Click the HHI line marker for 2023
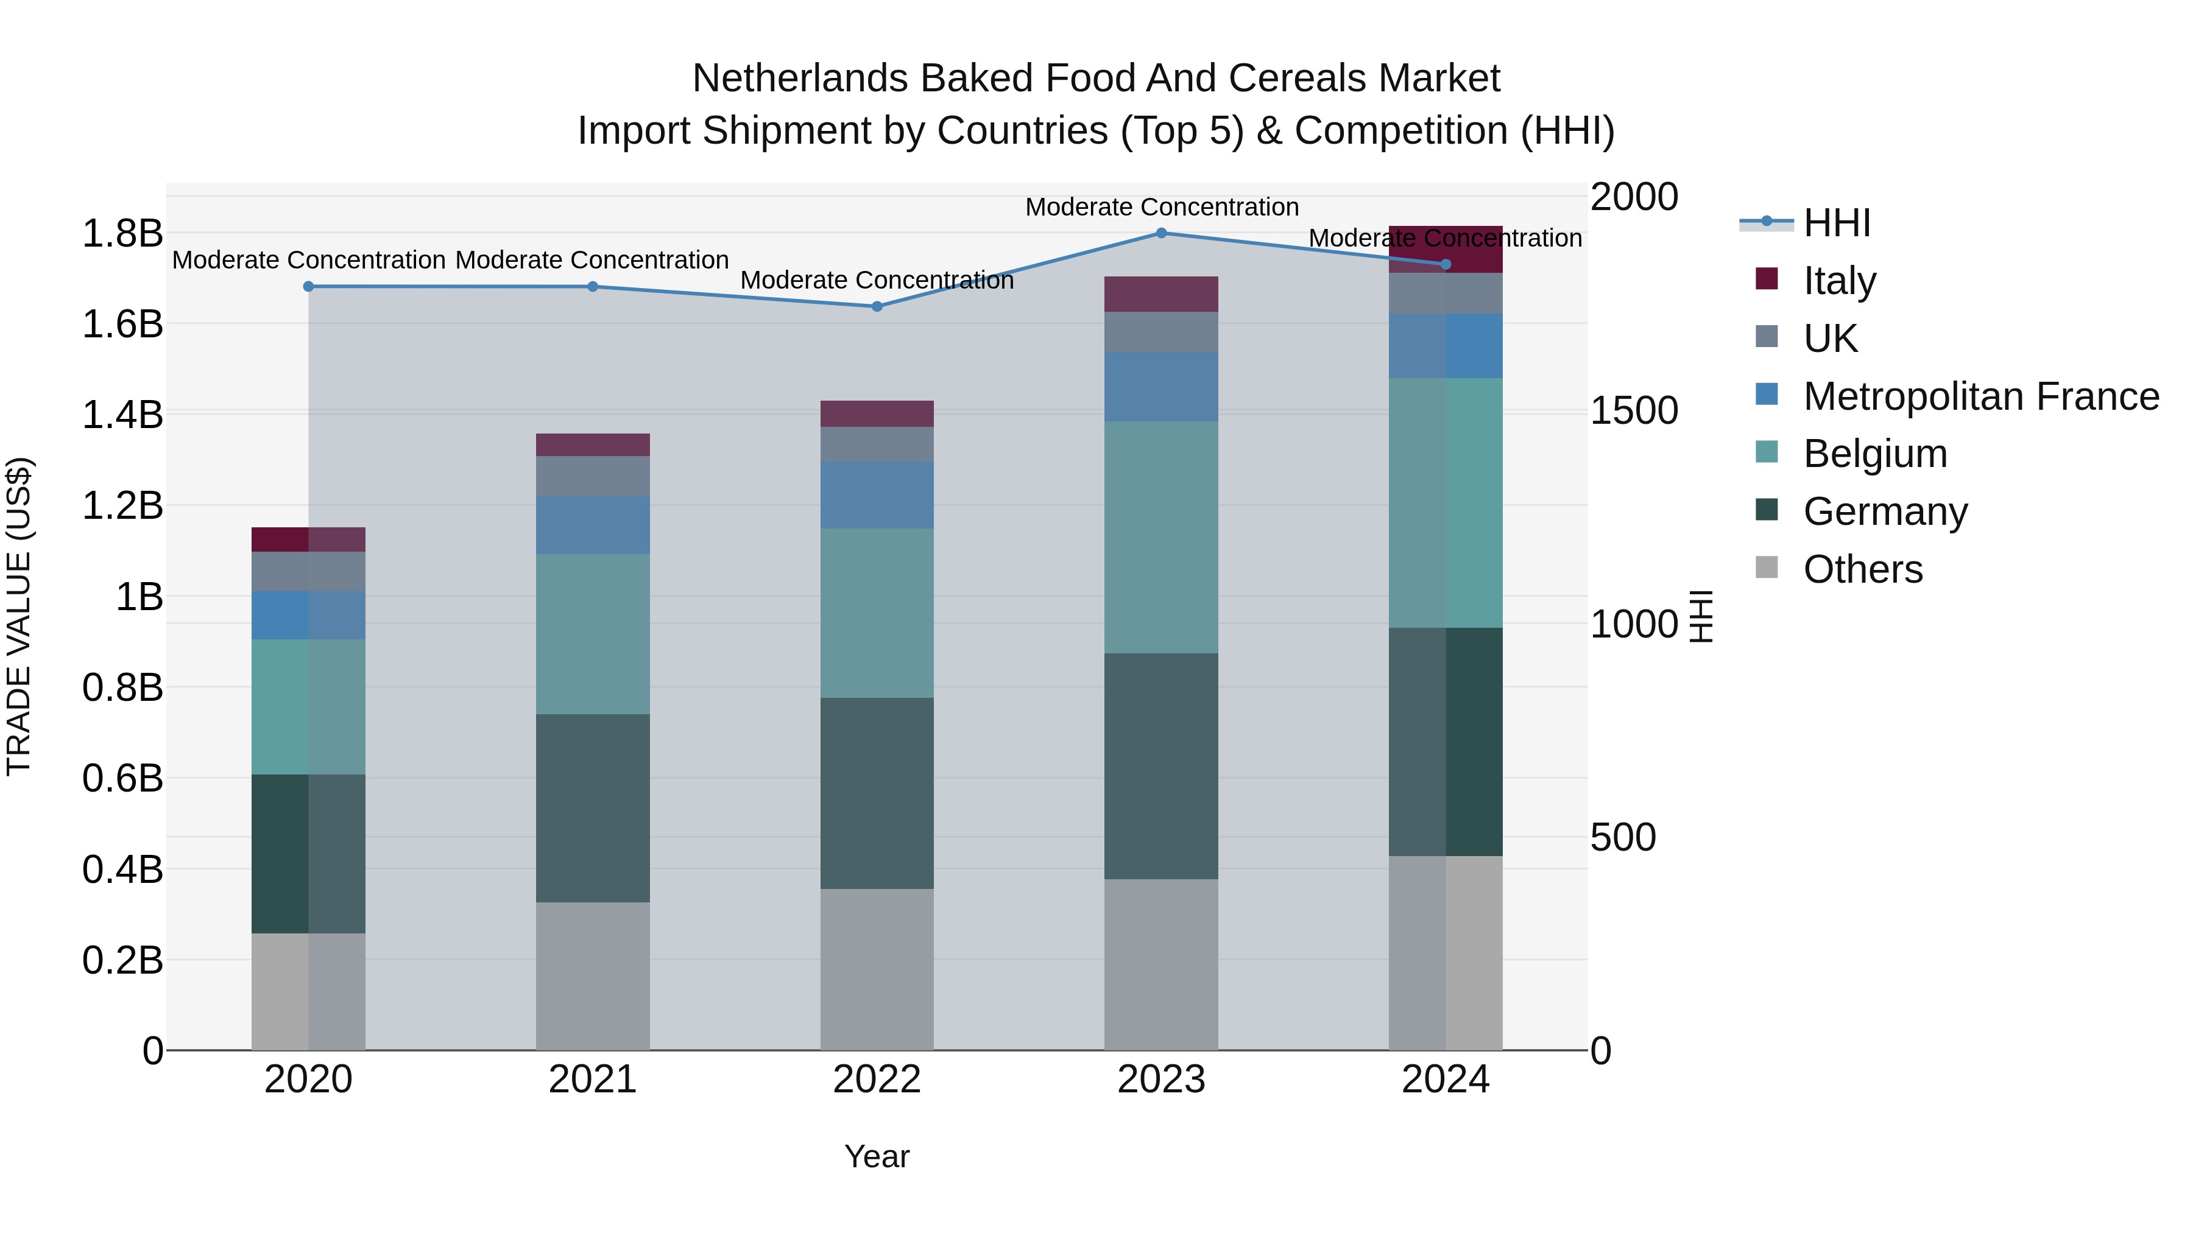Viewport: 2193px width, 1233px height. [x=1161, y=233]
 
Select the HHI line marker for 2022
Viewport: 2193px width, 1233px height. [x=877, y=306]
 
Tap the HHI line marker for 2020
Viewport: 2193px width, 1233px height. [x=308, y=287]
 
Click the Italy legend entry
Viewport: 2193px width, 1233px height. [x=1839, y=280]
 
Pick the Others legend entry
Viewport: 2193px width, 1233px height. [x=1862, y=569]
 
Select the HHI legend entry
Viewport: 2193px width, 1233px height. [x=1836, y=223]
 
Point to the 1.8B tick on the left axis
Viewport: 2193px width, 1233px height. [x=122, y=233]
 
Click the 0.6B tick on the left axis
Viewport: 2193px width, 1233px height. [x=122, y=778]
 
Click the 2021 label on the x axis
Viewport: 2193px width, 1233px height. [x=593, y=1079]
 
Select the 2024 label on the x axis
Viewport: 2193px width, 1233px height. [x=1445, y=1079]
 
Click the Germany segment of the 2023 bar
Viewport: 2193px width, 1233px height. [x=1161, y=766]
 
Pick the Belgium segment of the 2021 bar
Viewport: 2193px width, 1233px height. [x=593, y=634]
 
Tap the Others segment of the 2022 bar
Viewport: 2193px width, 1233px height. [x=877, y=969]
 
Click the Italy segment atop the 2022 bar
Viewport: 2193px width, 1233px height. [x=877, y=413]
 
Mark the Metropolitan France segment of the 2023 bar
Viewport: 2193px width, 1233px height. [x=1161, y=386]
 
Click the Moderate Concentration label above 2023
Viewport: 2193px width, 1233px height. [x=1161, y=207]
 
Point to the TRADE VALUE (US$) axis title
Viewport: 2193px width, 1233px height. [x=19, y=616]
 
